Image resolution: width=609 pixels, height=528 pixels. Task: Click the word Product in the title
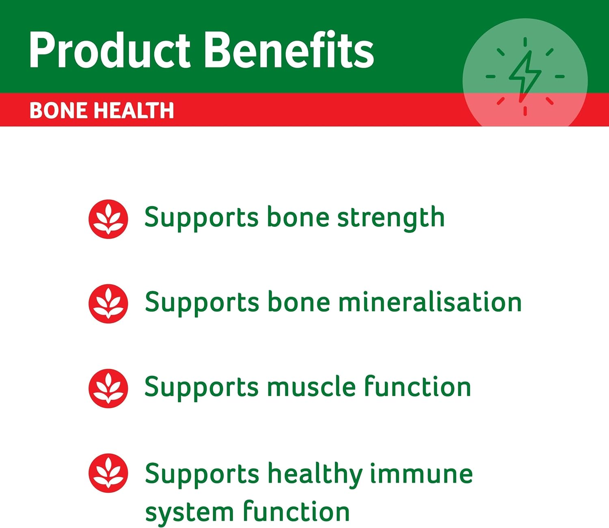pos(110,50)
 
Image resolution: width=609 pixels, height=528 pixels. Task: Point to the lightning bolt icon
pos(525,76)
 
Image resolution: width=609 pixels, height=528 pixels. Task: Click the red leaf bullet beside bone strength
pos(108,219)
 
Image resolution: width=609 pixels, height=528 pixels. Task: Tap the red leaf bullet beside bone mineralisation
pos(108,304)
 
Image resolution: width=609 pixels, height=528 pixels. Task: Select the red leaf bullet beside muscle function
pos(108,388)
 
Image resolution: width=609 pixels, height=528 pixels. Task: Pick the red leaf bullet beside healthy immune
pos(108,473)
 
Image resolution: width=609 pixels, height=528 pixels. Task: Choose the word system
pos(189,513)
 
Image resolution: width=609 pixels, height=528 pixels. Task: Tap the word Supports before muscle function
pos(201,388)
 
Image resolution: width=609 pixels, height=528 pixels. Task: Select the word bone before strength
pos(298,218)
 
